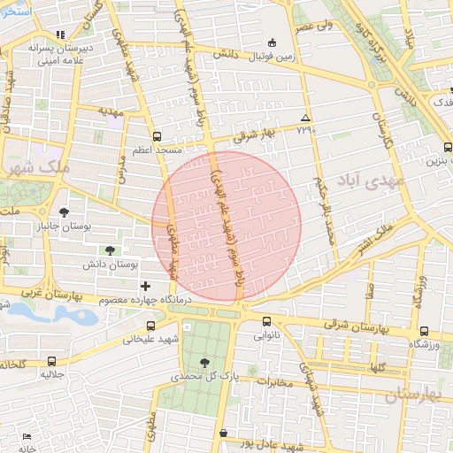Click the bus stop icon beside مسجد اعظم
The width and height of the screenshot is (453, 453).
tap(157, 137)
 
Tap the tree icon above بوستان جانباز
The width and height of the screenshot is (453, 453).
tap(65, 211)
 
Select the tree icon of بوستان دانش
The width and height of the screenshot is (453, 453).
tap(109, 250)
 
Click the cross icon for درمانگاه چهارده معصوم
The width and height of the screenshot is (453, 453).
tap(145, 286)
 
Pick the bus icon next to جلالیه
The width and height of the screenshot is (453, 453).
tap(51, 361)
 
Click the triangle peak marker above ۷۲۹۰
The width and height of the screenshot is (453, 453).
tap(305, 118)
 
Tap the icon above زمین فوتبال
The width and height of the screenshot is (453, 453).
tap(272, 42)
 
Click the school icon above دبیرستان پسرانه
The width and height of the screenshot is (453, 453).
tap(59, 35)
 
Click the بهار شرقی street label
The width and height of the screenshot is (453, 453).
tap(255, 134)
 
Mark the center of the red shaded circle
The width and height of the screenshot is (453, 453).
tap(226, 226)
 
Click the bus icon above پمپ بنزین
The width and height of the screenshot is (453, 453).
tap(447, 148)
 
